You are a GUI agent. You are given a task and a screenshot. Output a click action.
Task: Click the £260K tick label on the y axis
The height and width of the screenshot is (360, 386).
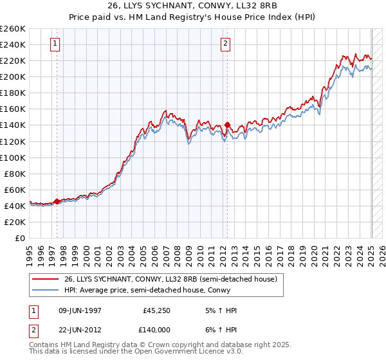coord(13,29)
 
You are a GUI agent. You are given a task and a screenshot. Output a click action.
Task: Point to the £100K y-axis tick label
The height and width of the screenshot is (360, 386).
coord(13,157)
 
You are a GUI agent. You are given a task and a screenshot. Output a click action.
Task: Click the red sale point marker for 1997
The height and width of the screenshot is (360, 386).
coord(57,201)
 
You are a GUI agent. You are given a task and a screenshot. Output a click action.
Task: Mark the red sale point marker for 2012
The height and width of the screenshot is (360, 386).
coord(228,125)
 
